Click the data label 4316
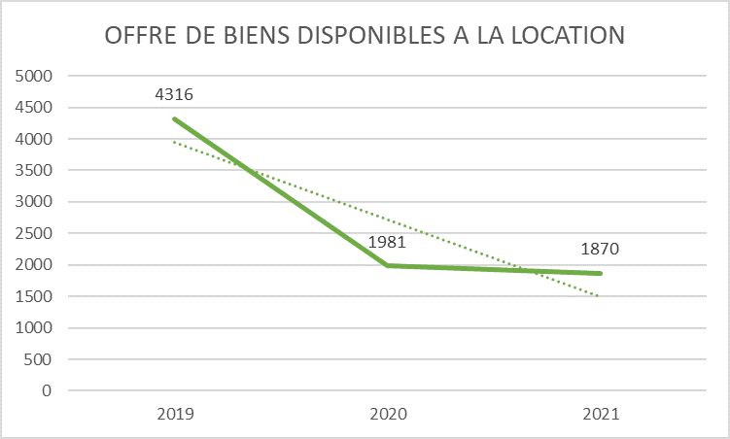(175, 95)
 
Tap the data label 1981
(387, 242)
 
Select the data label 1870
(601, 250)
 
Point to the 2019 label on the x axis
(175, 414)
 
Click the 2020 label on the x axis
(388, 414)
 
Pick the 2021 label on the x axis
(601, 414)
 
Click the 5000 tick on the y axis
(34, 76)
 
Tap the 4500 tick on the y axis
(34, 108)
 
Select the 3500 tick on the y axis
(34, 171)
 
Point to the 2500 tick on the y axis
(34, 233)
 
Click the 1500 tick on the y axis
(34, 296)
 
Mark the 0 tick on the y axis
(47, 390)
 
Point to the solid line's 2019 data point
(175, 118)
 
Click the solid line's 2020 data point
(388, 265)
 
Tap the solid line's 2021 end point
(601, 273)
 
